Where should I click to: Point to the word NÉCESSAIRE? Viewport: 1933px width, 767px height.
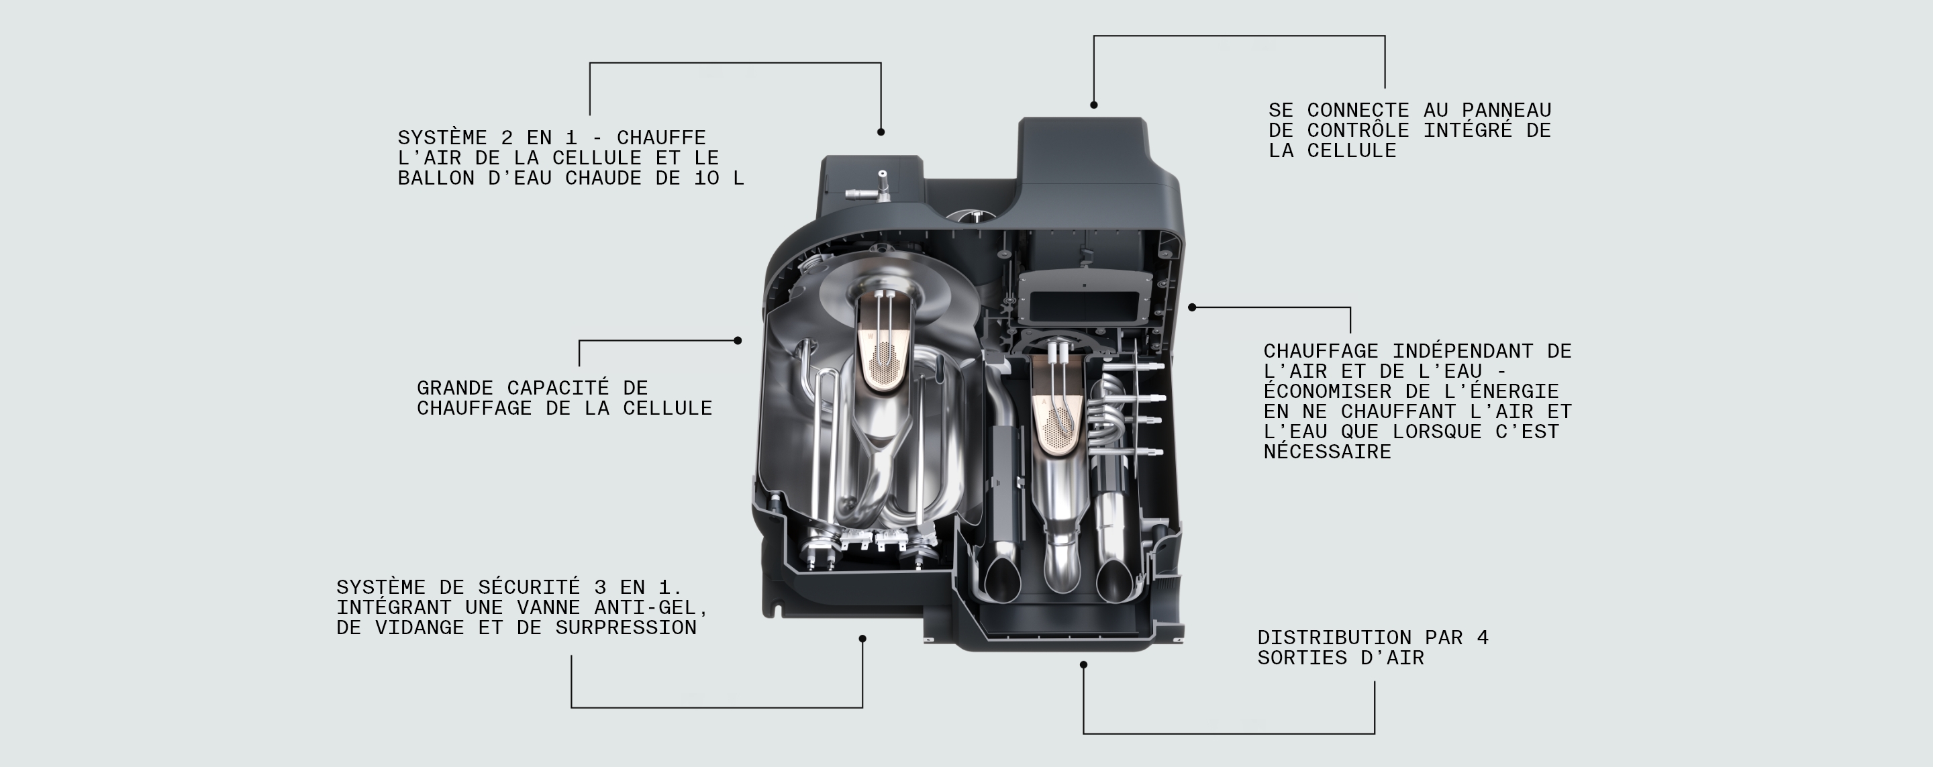pos(1327,452)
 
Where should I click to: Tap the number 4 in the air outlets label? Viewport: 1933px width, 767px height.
pos(1482,638)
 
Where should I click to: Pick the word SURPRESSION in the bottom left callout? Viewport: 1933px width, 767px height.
pos(626,627)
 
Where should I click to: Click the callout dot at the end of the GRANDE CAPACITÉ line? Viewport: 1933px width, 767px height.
pos(738,341)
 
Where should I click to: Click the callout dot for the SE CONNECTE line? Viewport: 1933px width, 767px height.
pos(1093,105)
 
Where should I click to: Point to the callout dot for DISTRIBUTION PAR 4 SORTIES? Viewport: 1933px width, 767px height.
pos(1083,665)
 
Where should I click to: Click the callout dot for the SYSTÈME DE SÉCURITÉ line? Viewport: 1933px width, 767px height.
pos(862,639)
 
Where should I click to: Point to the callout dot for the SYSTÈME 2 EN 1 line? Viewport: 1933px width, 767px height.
pos(880,132)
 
